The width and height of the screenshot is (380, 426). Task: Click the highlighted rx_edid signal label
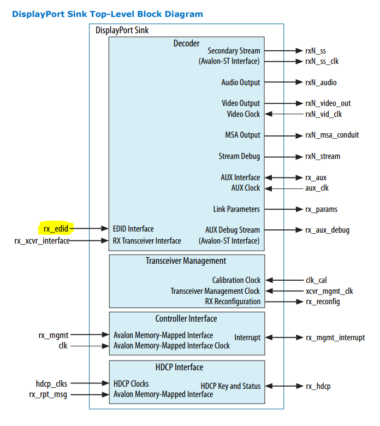[55, 229]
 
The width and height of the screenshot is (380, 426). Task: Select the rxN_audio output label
[320, 82]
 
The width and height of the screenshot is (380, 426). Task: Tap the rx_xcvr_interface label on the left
[42, 240]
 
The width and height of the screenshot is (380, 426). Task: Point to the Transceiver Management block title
[186, 261]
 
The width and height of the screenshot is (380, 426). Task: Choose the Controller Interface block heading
[186, 318]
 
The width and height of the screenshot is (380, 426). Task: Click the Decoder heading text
[186, 43]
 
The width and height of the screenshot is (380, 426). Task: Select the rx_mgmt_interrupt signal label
[335, 338]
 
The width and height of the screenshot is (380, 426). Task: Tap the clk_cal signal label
[316, 280]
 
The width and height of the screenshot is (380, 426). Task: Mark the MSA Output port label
[242, 135]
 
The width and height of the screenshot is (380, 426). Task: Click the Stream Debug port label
[239, 156]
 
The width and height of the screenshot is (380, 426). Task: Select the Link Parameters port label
[236, 209]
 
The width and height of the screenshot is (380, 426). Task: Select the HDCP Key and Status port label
[230, 386]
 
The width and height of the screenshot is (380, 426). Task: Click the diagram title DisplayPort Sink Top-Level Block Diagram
[107, 14]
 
